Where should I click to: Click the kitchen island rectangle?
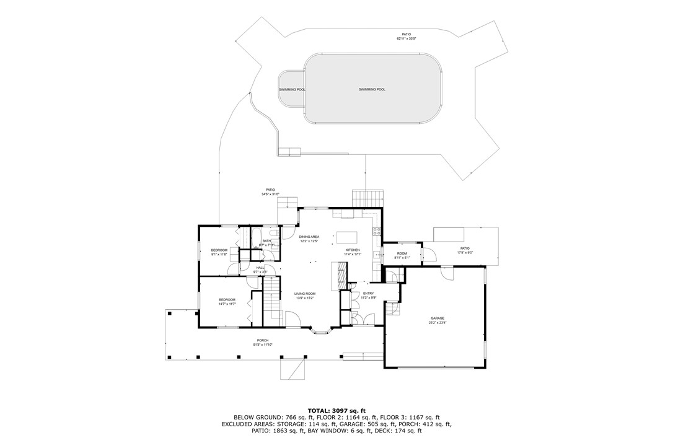tap(347, 237)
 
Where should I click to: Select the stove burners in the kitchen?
tap(376, 232)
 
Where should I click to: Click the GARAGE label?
tap(438, 318)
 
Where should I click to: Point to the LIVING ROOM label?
tap(305, 294)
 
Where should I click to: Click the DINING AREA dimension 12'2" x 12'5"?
tap(309, 241)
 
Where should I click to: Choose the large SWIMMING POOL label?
tap(372, 89)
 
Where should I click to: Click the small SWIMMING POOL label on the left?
tap(291, 89)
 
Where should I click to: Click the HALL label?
tap(260, 268)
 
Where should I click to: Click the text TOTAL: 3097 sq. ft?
tap(336, 410)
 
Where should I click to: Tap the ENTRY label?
tap(368, 293)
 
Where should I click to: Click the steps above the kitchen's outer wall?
tap(369, 198)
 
